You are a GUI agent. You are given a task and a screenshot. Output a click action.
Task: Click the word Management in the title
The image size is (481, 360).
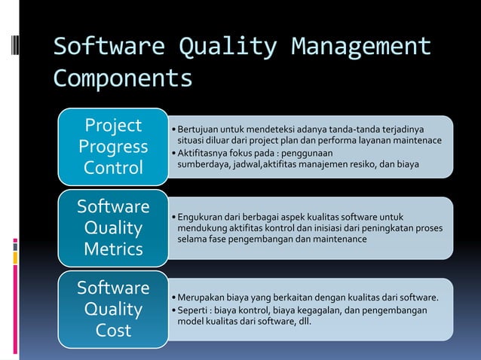click(362, 47)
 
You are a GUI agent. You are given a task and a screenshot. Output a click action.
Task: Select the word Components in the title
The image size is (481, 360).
click(122, 78)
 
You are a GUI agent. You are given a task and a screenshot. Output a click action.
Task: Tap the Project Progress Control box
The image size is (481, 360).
click(114, 146)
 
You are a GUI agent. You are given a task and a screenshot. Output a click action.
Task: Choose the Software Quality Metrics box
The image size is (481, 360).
click(114, 227)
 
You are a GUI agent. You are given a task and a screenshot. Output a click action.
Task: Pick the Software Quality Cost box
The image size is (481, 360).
click(114, 310)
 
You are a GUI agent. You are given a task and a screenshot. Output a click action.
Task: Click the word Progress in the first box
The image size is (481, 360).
click(114, 146)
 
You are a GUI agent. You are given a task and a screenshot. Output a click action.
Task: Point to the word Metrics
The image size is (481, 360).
click(114, 249)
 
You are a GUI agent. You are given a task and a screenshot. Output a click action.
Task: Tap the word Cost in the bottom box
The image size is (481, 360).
click(114, 331)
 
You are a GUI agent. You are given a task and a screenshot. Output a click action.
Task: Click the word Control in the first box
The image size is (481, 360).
click(114, 167)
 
